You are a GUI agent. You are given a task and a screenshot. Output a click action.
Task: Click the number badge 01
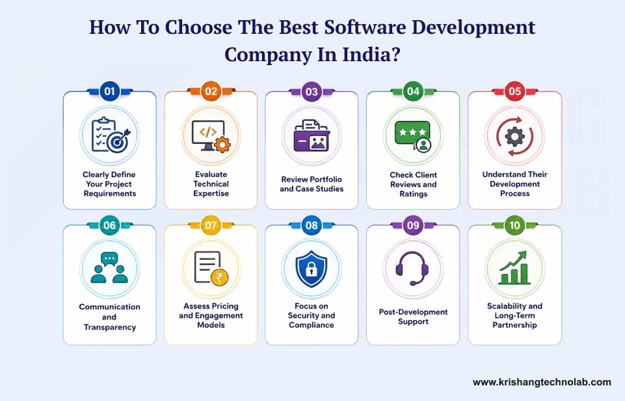(x=109, y=91)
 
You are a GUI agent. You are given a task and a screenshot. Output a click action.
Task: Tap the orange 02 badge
(x=211, y=91)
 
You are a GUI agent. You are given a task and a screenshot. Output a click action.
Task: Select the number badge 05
(x=514, y=91)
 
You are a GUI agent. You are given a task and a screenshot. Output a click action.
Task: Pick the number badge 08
(x=312, y=225)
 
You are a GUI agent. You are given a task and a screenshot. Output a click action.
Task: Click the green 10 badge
(x=514, y=225)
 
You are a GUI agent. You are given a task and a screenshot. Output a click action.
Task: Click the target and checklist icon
(x=109, y=134)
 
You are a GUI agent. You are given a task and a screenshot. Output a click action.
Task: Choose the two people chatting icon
(x=109, y=268)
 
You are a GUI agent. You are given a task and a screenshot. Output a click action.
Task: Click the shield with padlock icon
(x=312, y=268)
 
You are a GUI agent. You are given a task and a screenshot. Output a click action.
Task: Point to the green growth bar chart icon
(x=514, y=268)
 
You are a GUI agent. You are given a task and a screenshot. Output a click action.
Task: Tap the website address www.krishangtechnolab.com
(x=542, y=382)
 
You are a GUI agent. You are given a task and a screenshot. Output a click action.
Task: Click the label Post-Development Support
(x=413, y=316)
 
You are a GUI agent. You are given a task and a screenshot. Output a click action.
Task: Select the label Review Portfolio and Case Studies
(x=312, y=184)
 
